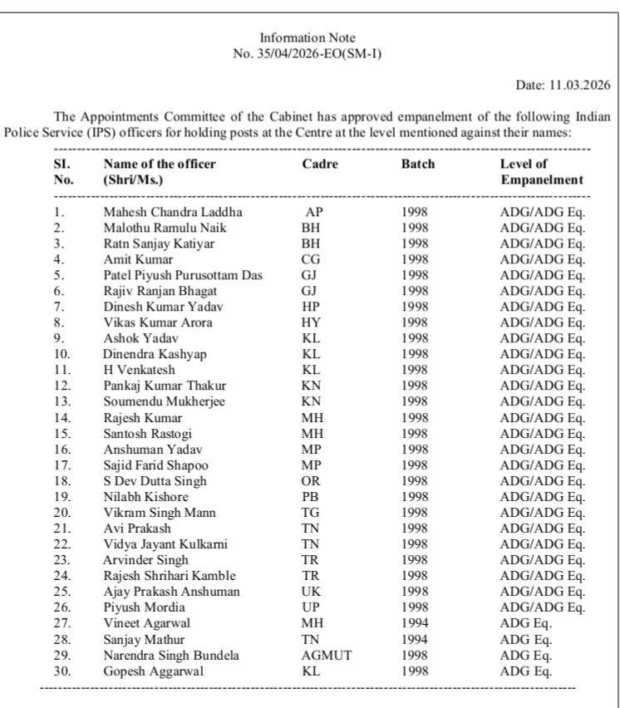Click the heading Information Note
(x=308, y=38)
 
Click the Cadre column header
(x=320, y=165)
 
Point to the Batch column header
(x=418, y=165)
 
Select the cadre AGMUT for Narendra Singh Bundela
(x=327, y=656)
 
